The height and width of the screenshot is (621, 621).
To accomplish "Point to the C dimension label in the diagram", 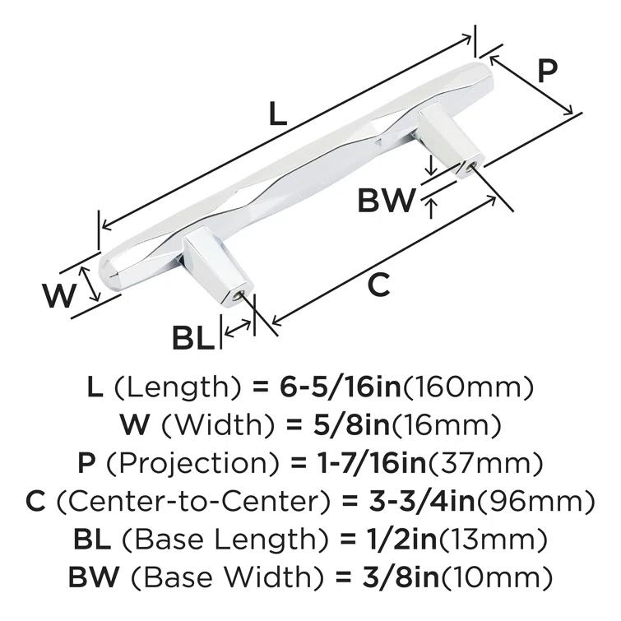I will pyautogui.click(x=378, y=285).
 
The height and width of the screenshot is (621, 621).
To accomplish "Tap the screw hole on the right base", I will pyautogui.click(x=470, y=164).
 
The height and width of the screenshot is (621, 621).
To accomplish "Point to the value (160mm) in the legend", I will pyautogui.click(x=471, y=386).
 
